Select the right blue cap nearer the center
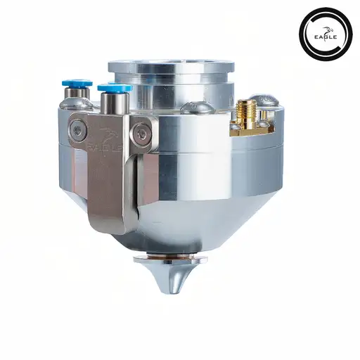pyautogui.click(x=115, y=89)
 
